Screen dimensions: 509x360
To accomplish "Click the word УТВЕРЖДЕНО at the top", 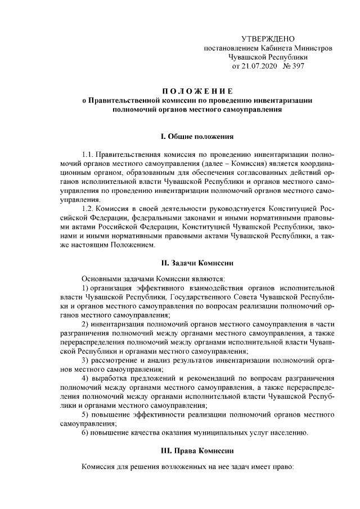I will pyautogui.click(x=268, y=39).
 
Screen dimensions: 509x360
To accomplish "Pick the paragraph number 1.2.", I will pyautogui.click(x=87, y=209).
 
